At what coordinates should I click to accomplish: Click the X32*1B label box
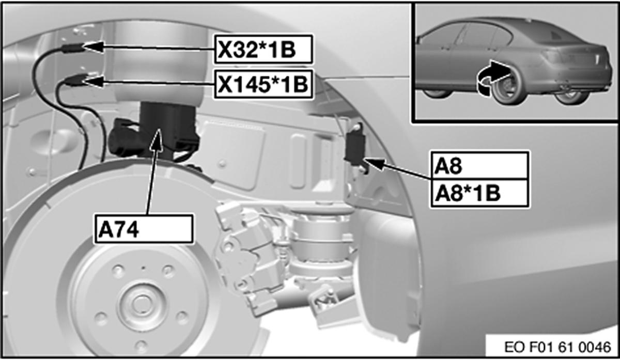(263, 50)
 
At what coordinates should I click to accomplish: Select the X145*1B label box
(263, 84)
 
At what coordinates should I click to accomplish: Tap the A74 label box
(144, 229)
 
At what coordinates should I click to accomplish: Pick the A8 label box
(479, 165)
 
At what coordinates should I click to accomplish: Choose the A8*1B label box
(479, 193)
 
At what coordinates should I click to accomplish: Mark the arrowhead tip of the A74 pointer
(159, 129)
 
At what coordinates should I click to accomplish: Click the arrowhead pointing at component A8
(364, 159)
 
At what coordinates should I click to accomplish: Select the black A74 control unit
(167, 130)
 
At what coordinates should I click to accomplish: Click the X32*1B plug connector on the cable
(72, 48)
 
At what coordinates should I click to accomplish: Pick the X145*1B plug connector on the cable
(74, 80)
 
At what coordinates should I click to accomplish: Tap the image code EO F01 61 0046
(557, 347)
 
